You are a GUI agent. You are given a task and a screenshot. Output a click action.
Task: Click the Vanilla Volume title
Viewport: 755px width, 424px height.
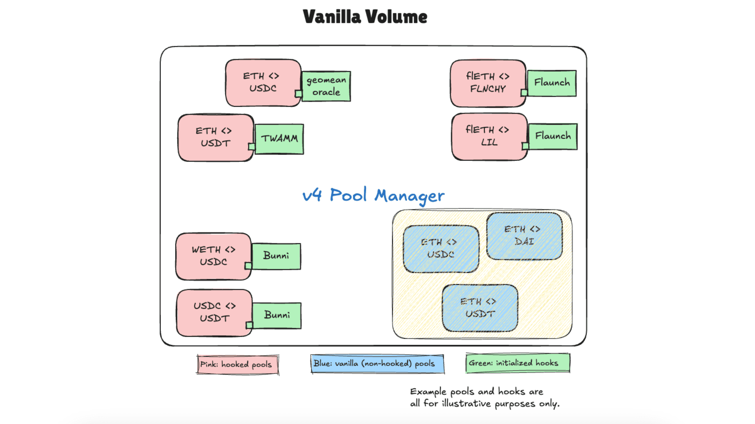[365, 17]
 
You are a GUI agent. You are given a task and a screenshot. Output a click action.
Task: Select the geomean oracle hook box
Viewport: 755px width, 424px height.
[326, 86]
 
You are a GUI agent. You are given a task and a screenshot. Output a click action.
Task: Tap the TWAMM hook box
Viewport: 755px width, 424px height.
[279, 139]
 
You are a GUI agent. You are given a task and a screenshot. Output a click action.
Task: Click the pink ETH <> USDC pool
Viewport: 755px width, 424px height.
[263, 82]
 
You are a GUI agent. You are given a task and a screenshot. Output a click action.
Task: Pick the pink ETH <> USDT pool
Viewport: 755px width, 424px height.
[215, 137]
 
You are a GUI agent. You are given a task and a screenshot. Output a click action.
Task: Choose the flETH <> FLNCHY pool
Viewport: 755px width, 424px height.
[487, 83]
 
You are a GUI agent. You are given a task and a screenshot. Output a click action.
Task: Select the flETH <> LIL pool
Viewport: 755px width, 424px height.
[489, 136]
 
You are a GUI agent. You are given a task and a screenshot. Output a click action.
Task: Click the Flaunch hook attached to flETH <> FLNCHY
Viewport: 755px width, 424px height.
[552, 83]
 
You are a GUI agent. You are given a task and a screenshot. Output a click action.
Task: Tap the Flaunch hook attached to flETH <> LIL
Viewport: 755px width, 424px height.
[553, 136]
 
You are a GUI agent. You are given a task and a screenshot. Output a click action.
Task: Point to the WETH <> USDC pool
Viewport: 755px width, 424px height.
[213, 256]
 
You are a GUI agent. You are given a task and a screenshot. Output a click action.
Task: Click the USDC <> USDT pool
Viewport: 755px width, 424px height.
[214, 313]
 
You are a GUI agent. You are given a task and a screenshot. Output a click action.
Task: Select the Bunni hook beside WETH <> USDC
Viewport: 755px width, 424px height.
[276, 256]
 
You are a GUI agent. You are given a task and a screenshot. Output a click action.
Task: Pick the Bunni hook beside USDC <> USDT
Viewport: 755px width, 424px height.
[277, 315]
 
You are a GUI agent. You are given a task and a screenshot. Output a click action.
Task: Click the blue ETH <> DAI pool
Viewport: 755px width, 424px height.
[524, 236]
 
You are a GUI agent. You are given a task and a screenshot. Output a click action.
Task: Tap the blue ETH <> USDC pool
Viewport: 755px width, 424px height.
[441, 249]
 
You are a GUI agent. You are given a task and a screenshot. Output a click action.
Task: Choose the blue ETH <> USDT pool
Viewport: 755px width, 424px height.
[480, 308]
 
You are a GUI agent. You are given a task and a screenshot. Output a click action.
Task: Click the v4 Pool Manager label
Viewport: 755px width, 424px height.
[373, 195]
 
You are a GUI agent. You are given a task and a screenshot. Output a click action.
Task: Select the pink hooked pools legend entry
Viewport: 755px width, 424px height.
[237, 364]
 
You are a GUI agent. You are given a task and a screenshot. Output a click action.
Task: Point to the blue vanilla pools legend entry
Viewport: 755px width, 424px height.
[377, 363]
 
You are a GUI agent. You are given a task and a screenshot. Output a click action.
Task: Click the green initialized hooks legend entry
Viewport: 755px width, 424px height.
[517, 363]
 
